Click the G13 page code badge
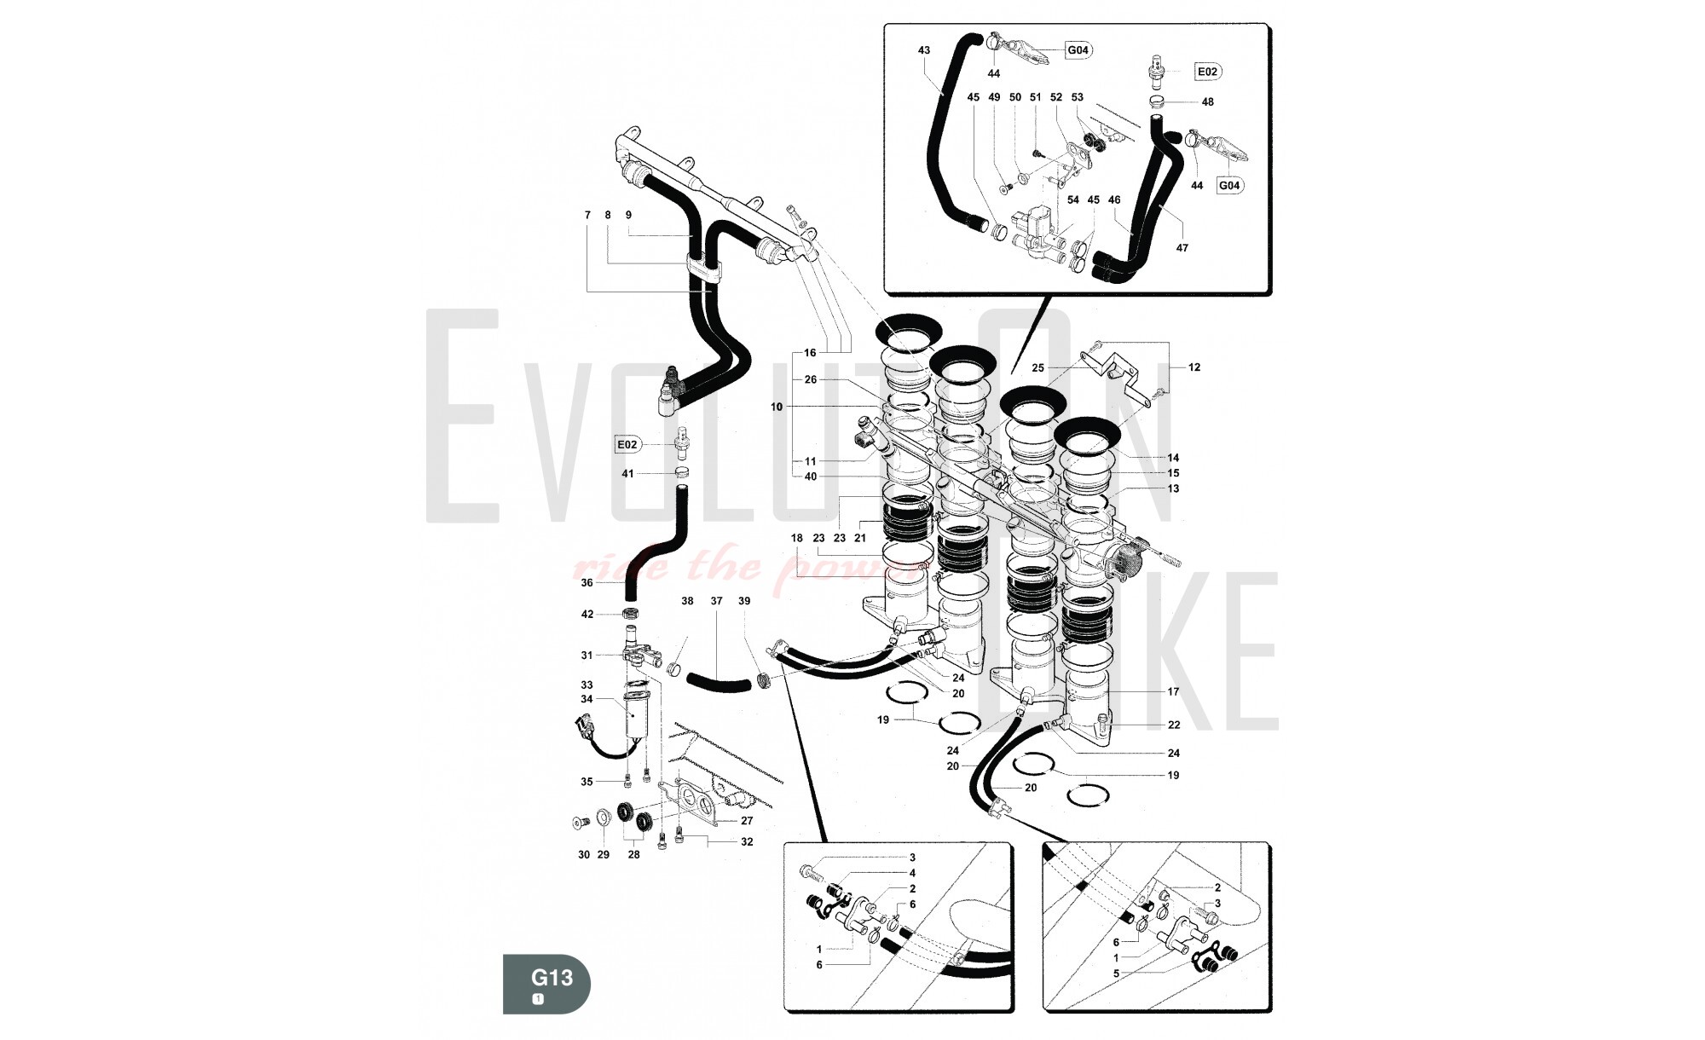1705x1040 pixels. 546,984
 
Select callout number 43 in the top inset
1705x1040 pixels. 924,50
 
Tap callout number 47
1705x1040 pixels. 1182,248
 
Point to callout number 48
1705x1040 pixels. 1207,102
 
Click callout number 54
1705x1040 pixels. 1072,200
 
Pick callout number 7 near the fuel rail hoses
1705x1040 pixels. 587,216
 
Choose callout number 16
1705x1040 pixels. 810,353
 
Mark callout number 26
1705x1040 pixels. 810,380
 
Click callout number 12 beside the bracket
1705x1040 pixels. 1194,367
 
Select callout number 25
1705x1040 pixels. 1037,368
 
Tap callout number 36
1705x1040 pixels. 587,583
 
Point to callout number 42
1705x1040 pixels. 587,615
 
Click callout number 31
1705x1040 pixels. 587,656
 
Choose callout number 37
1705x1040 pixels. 716,601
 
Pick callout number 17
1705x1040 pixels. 1174,692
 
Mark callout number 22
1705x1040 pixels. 1174,725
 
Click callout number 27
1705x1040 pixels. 747,821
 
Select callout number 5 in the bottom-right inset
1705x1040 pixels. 1116,973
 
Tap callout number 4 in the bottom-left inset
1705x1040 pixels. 912,873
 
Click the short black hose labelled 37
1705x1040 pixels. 717,682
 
